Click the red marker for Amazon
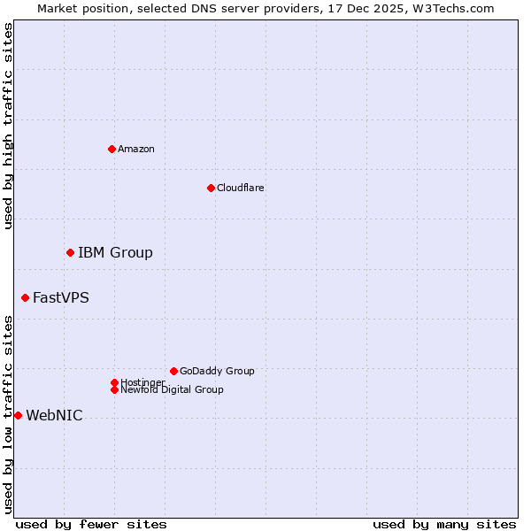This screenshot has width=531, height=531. [x=112, y=149]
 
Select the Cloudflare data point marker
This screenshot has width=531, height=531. [x=211, y=188]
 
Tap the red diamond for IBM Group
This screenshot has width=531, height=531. [x=70, y=253]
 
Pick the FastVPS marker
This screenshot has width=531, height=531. [x=25, y=298]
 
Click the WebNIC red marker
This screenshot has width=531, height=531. [x=18, y=416]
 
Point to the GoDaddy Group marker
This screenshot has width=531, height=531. [x=173, y=371]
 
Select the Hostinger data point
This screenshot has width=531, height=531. [x=114, y=382]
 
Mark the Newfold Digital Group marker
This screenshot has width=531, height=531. [x=114, y=390]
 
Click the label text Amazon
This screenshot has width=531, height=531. [x=136, y=149]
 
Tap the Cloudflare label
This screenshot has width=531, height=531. [x=241, y=188]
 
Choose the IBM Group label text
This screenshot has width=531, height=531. [x=115, y=253]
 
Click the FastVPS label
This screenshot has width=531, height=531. [x=61, y=298]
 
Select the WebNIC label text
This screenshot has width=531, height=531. [x=54, y=416]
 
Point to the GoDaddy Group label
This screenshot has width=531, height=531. [x=217, y=371]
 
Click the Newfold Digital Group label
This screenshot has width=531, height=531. [x=172, y=390]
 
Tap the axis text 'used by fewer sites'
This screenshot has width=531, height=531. [x=91, y=524]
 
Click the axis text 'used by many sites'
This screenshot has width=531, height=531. [x=444, y=524]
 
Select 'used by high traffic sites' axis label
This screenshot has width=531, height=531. [x=8, y=126]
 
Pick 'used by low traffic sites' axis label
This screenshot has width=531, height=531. [x=8, y=414]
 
